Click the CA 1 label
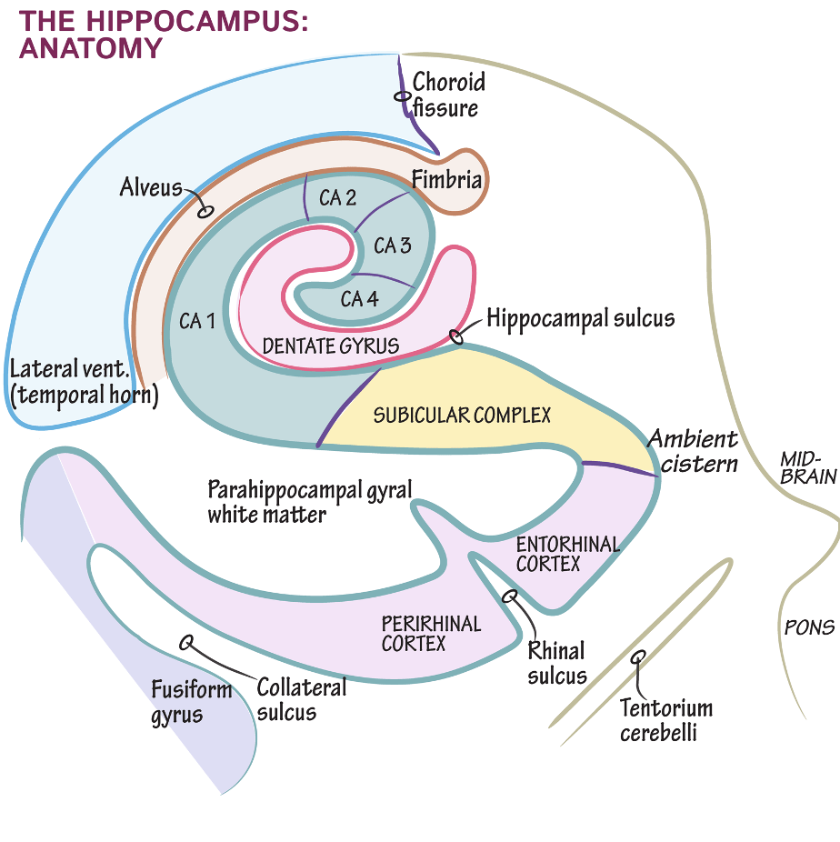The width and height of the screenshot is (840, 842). point(197,321)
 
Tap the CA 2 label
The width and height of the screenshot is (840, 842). point(337,197)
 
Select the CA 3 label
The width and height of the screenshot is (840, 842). point(393,246)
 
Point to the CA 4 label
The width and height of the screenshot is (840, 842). point(359,298)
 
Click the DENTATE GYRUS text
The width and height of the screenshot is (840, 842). point(331,346)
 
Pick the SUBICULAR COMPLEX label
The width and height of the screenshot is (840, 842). point(462,416)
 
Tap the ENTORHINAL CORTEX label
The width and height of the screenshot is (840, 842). point(568,554)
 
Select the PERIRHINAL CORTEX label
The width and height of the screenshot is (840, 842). point(431,633)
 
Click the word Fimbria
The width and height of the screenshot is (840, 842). point(446,179)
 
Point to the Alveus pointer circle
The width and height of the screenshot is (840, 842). point(205,211)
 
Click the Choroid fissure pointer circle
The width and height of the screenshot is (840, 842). point(402,96)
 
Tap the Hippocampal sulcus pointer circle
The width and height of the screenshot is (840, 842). point(456,336)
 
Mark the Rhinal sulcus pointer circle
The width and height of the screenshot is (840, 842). point(509,596)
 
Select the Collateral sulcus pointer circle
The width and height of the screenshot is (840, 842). point(186,642)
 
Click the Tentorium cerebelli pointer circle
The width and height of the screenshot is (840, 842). point(637,657)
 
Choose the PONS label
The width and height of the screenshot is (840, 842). point(809,627)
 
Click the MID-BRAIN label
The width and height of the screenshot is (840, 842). point(808,468)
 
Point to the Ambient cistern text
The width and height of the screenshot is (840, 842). point(694,451)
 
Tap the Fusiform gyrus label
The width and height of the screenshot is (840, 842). point(191,702)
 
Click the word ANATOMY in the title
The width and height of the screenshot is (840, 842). point(91,48)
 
